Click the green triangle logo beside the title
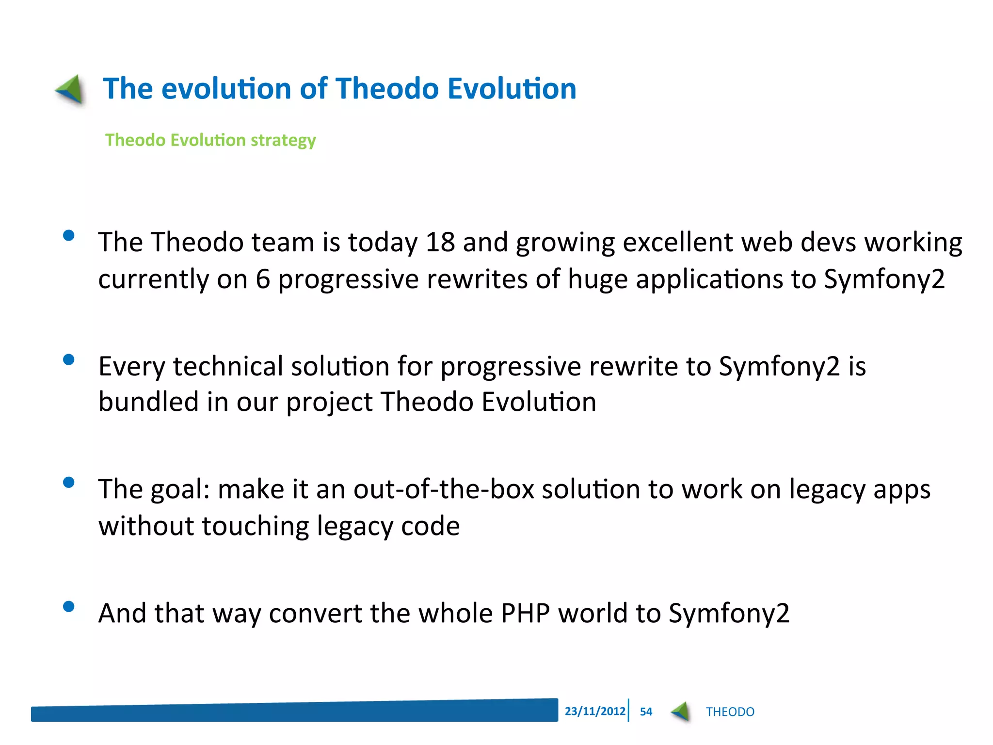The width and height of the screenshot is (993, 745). click(70, 89)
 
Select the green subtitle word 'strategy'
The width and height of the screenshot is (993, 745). click(283, 141)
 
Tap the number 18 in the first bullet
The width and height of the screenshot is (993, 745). click(440, 242)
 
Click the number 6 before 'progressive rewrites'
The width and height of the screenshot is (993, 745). click(262, 279)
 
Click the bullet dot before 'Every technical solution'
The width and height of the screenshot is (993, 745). click(69, 359)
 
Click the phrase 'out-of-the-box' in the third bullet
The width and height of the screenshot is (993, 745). click(443, 489)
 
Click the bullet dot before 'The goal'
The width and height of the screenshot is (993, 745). click(69, 482)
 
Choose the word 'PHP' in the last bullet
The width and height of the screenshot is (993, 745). click(525, 613)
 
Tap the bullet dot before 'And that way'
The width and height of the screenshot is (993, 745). click(69, 606)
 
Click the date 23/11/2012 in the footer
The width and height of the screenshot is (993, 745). click(594, 711)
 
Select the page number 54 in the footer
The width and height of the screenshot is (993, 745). click(646, 712)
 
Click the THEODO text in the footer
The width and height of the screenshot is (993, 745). click(730, 712)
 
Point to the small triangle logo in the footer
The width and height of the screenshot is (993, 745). click(681, 712)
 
